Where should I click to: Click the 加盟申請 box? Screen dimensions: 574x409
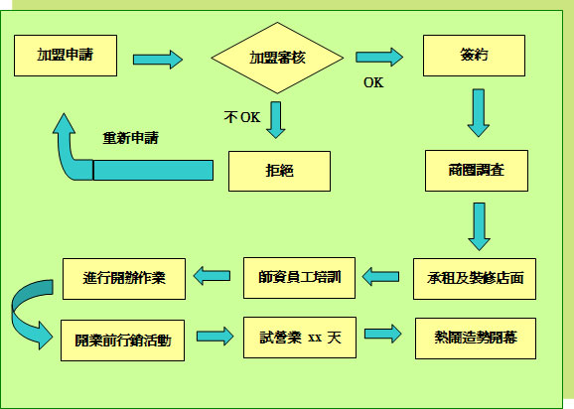pyautogui.click(x=66, y=56)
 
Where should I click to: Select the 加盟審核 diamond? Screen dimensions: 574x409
pyautogui.click(x=277, y=58)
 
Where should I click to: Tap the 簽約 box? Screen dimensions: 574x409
pyautogui.click(x=474, y=56)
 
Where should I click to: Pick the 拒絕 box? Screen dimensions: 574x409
pyautogui.click(x=279, y=171)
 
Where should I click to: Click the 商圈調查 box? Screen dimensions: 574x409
pyautogui.click(x=477, y=171)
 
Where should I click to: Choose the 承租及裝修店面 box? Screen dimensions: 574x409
pyautogui.click(x=475, y=279)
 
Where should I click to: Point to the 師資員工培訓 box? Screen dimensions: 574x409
pyautogui.click(x=299, y=278)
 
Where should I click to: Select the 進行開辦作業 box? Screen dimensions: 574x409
pyautogui.click(x=124, y=279)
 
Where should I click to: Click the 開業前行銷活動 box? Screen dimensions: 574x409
pyautogui.click(x=122, y=341)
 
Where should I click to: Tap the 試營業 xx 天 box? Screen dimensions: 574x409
pyautogui.click(x=300, y=338)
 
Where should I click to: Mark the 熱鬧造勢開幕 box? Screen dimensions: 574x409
pyautogui.click(x=476, y=339)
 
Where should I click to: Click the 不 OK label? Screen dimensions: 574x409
pyautogui.click(x=242, y=117)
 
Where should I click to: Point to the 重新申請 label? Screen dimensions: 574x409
pyautogui.click(x=131, y=138)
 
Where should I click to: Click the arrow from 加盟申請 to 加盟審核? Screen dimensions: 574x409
pyautogui.click(x=158, y=60)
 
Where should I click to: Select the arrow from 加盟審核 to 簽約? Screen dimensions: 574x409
pyautogui.click(x=379, y=57)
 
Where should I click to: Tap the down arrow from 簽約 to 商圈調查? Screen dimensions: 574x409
pyautogui.click(x=479, y=113)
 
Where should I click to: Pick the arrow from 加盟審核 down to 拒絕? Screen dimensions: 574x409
pyautogui.click(x=276, y=120)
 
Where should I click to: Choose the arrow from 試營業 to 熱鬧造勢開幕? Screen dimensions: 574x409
pyautogui.click(x=383, y=334)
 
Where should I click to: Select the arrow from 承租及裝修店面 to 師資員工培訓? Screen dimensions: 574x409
pyautogui.click(x=380, y=277)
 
